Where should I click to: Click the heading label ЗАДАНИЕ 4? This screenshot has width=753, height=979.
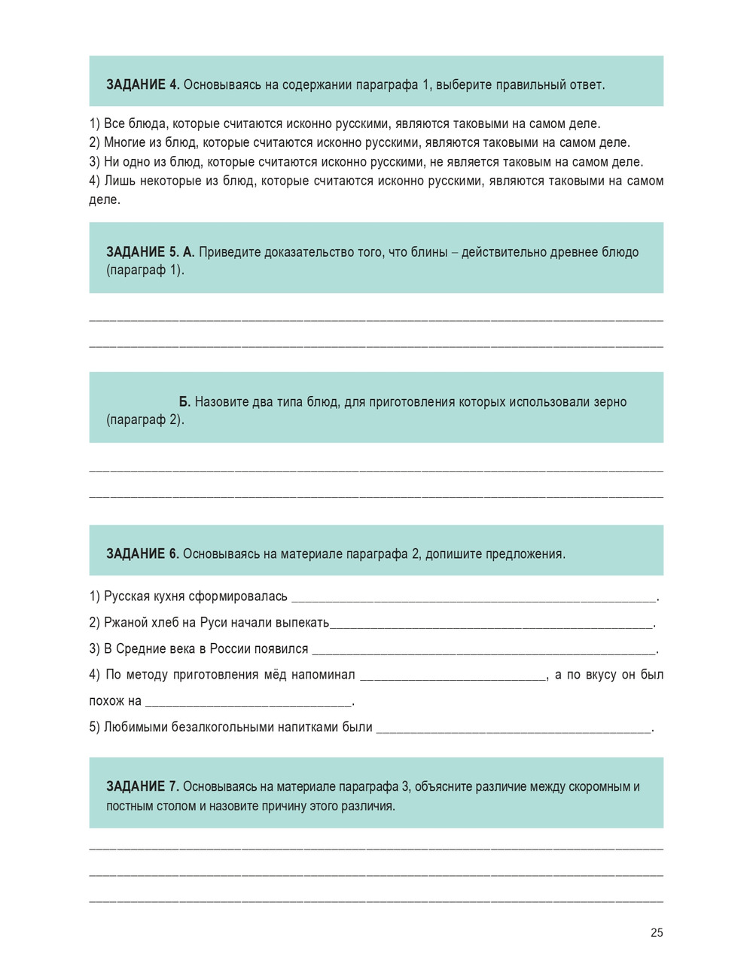pos(142,84)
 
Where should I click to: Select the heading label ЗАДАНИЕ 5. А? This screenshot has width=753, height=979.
pos(150,252)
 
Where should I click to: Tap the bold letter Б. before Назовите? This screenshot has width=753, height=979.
pos(184,401)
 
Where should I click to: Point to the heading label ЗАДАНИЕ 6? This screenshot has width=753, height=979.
pos(142,554)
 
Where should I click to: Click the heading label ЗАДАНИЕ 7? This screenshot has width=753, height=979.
pos(142,786)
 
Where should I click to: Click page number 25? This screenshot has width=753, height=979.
pos(657,932)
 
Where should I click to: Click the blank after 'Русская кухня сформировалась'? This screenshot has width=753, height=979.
pos(473,597)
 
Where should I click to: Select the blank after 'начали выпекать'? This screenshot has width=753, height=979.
pos(491,624)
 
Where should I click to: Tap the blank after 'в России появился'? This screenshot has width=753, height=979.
pos(483,649)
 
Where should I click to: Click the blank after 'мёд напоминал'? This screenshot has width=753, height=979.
pos(453,676)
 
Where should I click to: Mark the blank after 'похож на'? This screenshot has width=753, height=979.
pos(248,702)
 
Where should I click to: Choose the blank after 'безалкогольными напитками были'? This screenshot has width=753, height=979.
pos(514,727)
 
